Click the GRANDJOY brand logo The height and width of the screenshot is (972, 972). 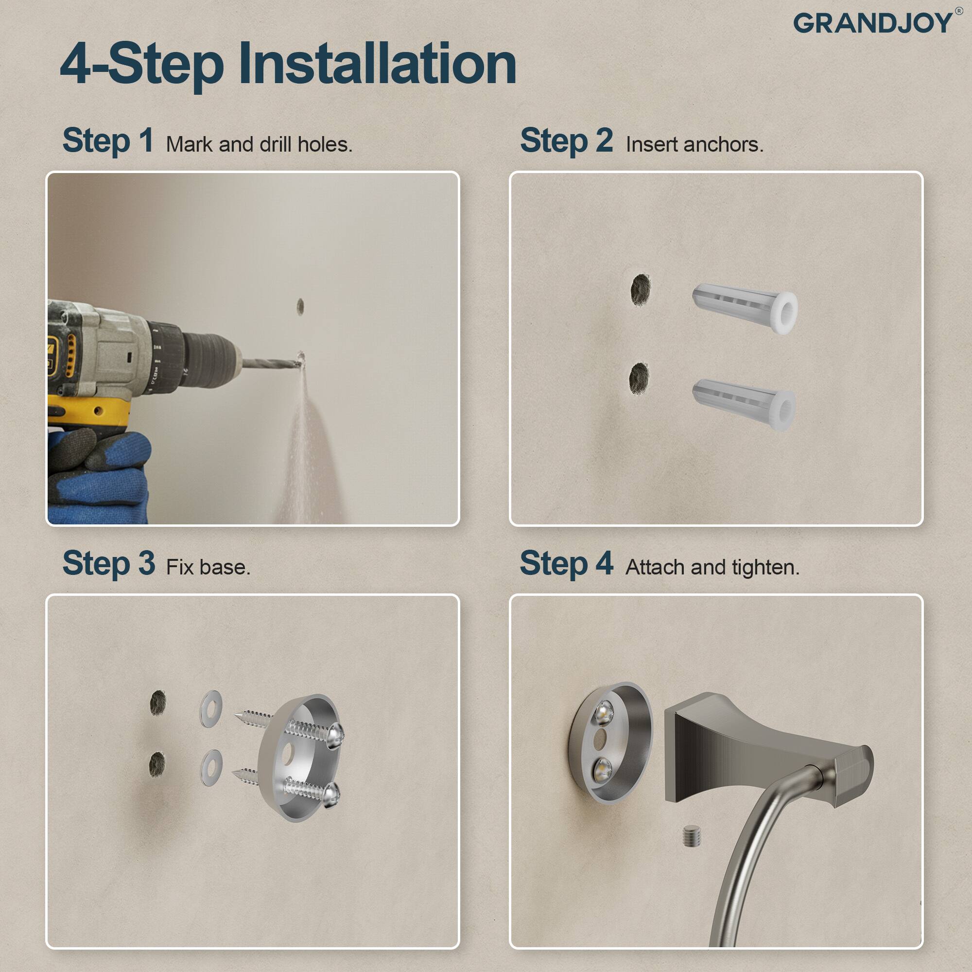pyautogui.click(x=873, y=23)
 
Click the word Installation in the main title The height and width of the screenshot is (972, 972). pyautogui.click(x=377, y=65)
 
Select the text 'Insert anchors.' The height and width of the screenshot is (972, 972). pyautogui.click(x=694, y=145)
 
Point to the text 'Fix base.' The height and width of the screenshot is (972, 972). pyautogui.click(x=208, y=568)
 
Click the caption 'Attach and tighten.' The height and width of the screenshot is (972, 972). pyautogui.click(x=712, y=568)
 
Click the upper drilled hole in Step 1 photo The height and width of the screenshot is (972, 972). pyautogui.click(x=300, y=306)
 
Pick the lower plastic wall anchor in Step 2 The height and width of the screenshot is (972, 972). pyautogui.click(x=744, y=404)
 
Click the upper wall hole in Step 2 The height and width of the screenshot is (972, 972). pyautogui.click(x=641, y=290)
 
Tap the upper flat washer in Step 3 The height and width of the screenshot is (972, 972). pyautogui.click(x=211, y=709)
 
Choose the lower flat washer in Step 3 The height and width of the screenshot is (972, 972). pyautogui.click(x=211, y=768)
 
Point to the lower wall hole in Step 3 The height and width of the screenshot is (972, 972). pyautogui.click(x=157, y=764)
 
